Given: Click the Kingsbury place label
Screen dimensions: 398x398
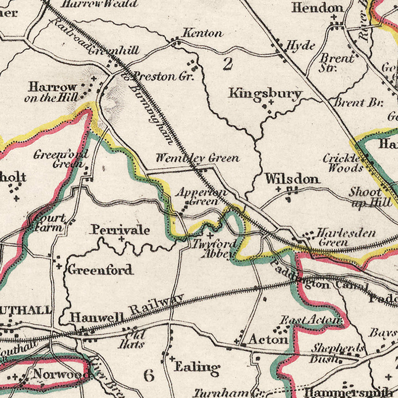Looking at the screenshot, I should coord(265,93).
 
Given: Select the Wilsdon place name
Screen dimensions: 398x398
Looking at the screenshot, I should coord(292,179).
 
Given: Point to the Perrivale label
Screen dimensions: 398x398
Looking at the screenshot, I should coord(120,230).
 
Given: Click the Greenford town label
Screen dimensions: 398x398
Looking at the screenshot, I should coord(100,269).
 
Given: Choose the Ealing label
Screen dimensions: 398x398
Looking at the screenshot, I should coord(197,367).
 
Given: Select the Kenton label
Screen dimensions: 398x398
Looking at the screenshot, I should coord(203,33).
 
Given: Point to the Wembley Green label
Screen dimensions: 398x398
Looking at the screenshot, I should coord(197,158).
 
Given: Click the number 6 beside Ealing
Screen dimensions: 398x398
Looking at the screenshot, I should coord(149,375).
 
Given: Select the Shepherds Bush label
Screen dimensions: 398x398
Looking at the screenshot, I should coord(337,353).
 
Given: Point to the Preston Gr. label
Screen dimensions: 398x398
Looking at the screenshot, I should coord(164,76).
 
